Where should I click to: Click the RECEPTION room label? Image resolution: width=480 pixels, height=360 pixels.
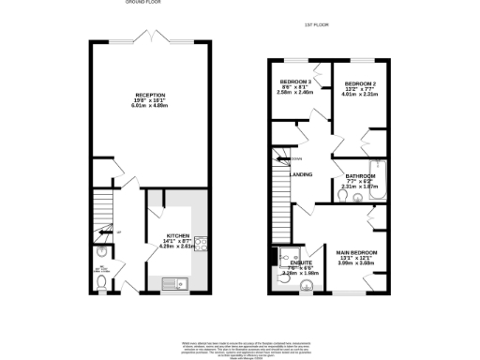coord(150,95)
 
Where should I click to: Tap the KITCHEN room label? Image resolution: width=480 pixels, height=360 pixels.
coord(178,235)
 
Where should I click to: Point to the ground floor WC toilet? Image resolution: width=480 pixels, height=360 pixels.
coord(101,252)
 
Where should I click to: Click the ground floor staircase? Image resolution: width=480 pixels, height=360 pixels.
coord(103,214)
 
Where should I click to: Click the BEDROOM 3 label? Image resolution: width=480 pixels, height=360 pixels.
coord(296,82)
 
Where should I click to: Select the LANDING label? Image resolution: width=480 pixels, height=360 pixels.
coord(302,174)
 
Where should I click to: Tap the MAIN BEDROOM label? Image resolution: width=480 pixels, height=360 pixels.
coord(357,252)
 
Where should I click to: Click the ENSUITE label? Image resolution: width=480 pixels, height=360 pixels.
coord(303,263)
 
